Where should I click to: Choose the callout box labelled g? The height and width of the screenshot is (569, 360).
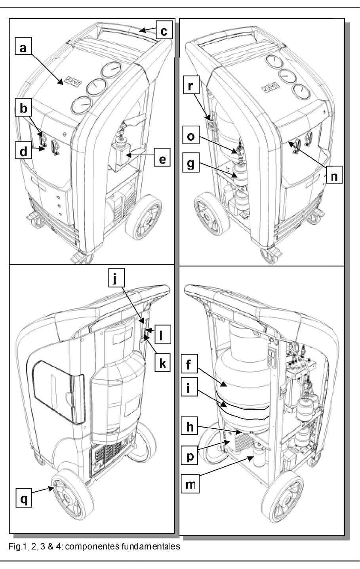pyautogui.click(x=192, y=163)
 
